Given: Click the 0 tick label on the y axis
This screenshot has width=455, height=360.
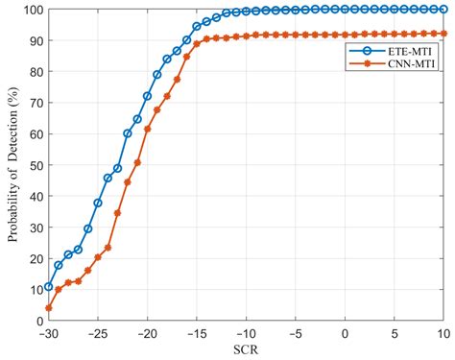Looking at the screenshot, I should tap(36, 321).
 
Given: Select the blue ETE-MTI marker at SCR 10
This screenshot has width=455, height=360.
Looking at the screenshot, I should tap(443, 10).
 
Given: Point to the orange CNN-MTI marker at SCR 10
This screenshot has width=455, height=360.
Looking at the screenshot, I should tap(443, 34).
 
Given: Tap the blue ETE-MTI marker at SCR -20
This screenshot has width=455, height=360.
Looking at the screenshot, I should tap(147, 96).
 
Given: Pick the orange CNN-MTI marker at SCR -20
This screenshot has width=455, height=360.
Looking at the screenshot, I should tap(147, 129).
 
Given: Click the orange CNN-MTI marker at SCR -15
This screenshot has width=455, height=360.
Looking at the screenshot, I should tap(197, 43).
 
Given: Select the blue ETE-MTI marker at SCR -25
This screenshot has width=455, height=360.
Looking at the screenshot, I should tap(98, 203).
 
